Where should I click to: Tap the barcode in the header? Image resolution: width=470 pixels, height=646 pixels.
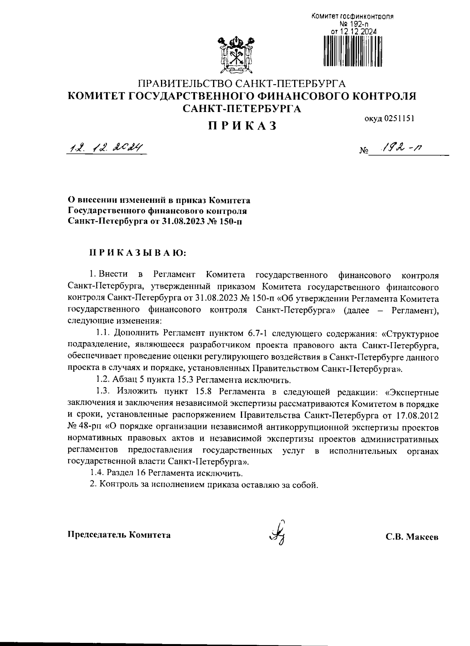pos(352,50)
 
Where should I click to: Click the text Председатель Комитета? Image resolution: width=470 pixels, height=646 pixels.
pos(119,535)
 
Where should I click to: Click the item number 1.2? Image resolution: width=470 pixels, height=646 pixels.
pos(103,380)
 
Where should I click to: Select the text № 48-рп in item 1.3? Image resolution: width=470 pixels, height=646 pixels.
pos(83,426)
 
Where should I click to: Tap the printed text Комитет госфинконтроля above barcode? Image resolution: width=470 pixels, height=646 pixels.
pos(352,17)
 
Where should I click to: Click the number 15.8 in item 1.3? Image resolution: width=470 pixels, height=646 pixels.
pos(204,392)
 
